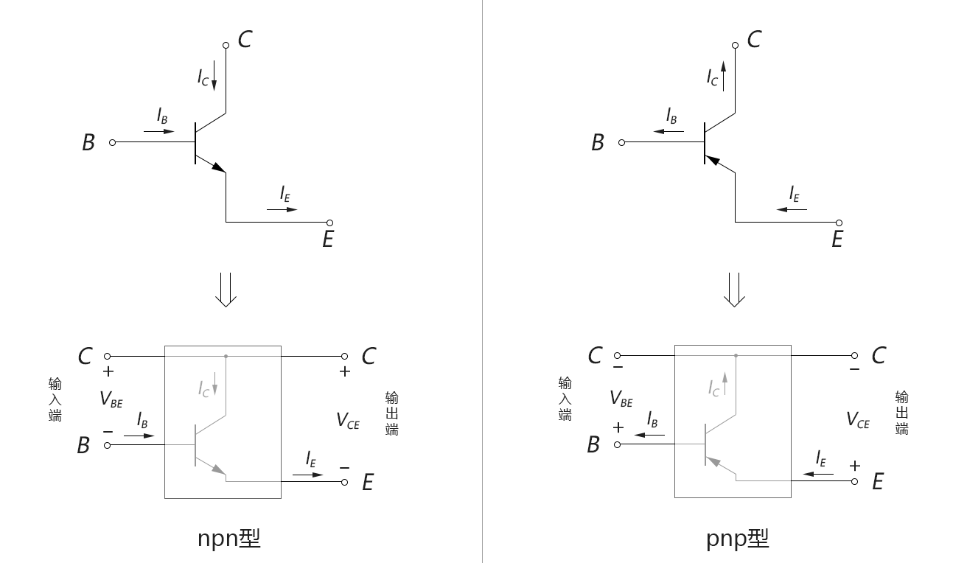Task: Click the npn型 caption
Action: coord(228,539)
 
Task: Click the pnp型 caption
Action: coord(737,539)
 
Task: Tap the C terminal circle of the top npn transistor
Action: coord(226,46)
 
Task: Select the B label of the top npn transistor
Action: coord(88,142)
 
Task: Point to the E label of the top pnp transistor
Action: coord(837,239)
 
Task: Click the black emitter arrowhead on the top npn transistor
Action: coord(218,167)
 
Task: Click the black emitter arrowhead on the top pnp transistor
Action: coord(712,160)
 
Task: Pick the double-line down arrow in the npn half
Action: coord(226,290)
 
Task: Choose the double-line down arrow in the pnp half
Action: coord(734,290)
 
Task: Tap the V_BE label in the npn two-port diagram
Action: coord(111,399)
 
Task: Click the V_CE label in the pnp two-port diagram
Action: coord(858,419)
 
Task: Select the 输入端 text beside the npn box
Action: coord(55,399)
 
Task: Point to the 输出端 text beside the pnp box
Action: coord(902,413)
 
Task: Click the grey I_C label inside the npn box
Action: coord(203,389)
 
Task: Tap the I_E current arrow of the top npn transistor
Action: coord(282,210)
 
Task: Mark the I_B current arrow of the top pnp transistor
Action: coord(668,131)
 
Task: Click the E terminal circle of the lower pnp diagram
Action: coord(854,481)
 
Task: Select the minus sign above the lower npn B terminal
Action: coord(108,432)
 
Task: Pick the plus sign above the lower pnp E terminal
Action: coord(855,466)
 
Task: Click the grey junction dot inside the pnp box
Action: coord(736,356)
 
